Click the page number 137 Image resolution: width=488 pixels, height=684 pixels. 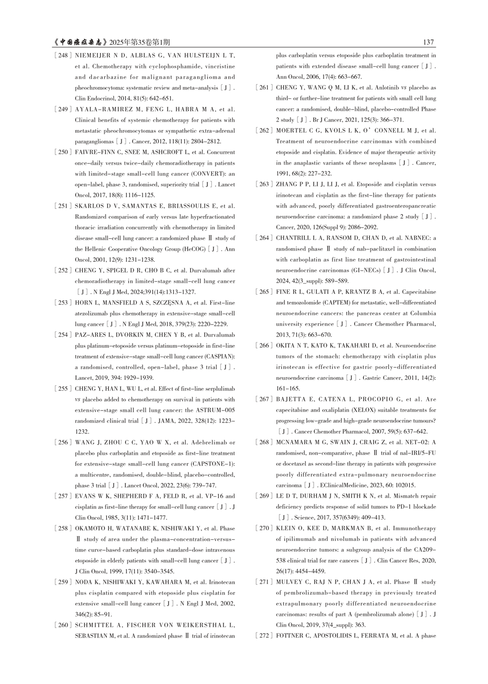[x=428, y=42]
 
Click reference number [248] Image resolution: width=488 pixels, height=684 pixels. [x=63, y=56]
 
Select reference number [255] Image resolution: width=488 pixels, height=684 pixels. [x=63, y=389]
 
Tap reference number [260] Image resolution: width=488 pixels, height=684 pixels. [x=63, y=625]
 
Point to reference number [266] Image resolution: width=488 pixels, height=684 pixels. [x=264, y=345]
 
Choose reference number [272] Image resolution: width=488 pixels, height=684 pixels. [x=264, y=636]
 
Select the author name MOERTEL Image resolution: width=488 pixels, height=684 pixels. [x=291, y=130]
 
